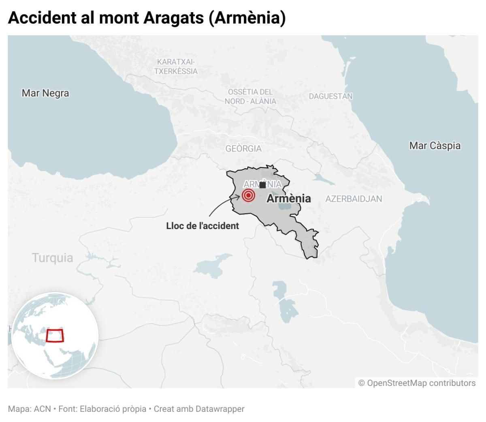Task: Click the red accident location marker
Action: pos(248,195)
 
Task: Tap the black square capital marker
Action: pos(262,185)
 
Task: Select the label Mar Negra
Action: pos(45,93)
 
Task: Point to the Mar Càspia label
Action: pos(435,146)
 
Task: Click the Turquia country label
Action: pos(53,258)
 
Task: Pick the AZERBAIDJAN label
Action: pos(354,199)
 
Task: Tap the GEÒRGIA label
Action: pos(243,149)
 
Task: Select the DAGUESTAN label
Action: pos(330,96)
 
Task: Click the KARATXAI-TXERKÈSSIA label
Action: pos(176,66)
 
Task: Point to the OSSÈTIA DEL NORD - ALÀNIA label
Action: pos(250,96)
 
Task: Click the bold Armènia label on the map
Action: pos(288,199)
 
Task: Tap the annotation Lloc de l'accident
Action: pos(202,226)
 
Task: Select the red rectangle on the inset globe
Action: pos(55,335)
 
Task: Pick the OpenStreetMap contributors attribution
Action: pos(417,383)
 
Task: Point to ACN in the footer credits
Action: pos(42,409)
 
